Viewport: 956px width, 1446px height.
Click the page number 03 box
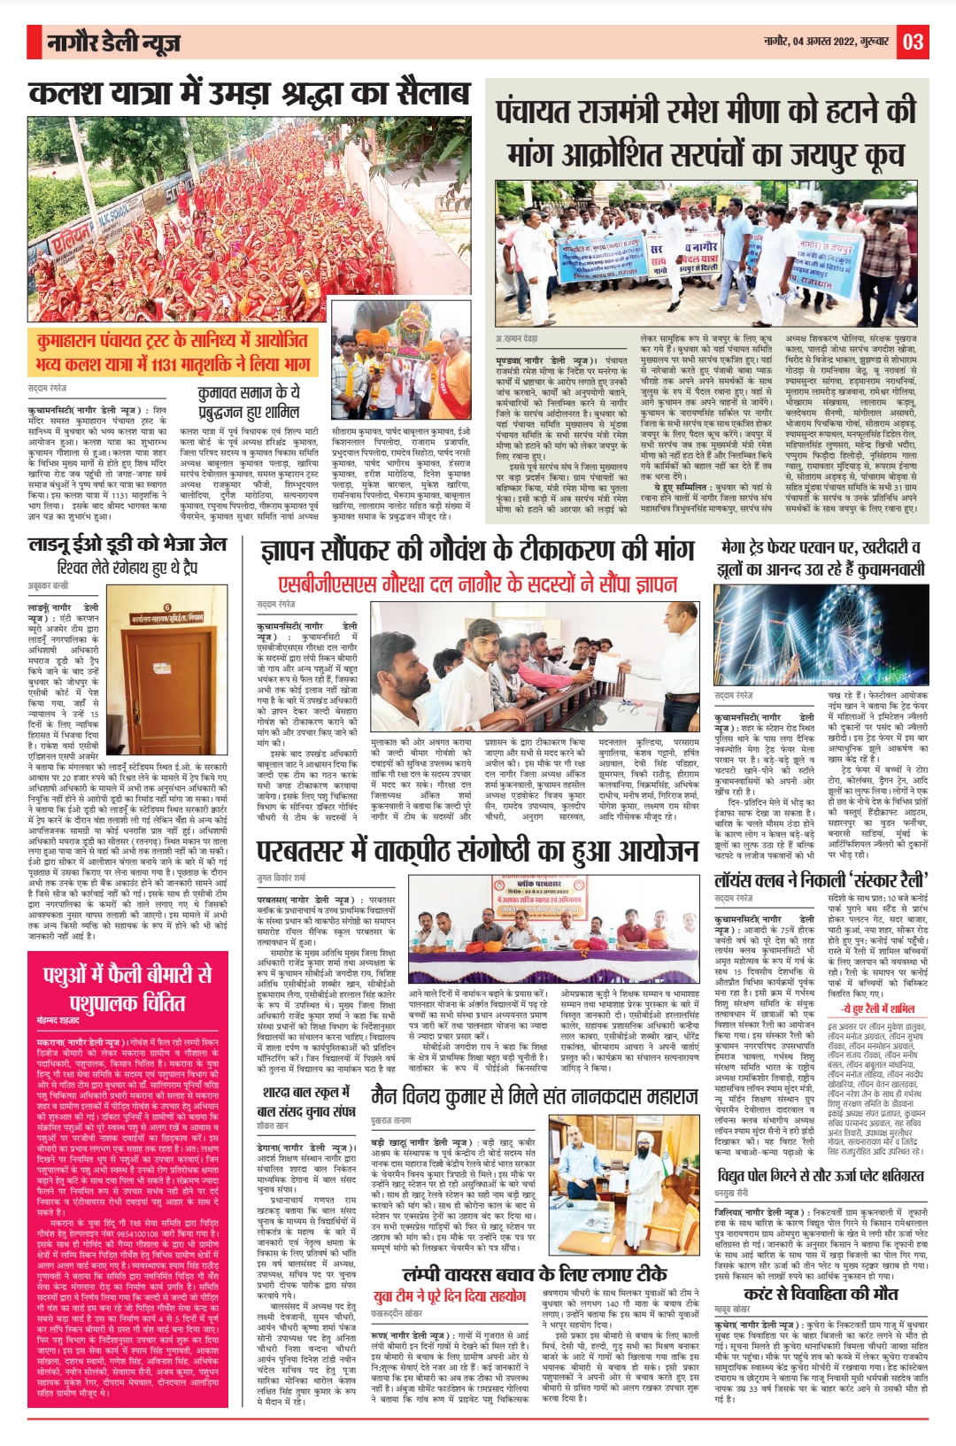(x=914, y=41)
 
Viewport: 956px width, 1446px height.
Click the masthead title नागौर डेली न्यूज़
(x=115, y=42)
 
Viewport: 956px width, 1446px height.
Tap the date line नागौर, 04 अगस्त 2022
(x=828, y=42)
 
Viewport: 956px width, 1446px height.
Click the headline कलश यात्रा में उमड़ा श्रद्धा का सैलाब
(x=248, y=95)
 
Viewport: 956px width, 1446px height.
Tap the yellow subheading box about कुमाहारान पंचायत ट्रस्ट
(x=173, y=352)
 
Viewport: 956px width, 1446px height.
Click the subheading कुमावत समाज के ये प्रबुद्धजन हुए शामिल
(x=249, y=401)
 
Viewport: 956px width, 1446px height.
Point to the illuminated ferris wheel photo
(x=820, y=635)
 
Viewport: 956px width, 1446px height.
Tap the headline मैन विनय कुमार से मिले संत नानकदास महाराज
(x=535, y=1095)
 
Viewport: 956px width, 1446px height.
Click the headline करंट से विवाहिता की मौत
(x=821, y=1294)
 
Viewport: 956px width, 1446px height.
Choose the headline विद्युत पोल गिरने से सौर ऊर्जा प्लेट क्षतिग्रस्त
(x=821, y=1176)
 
